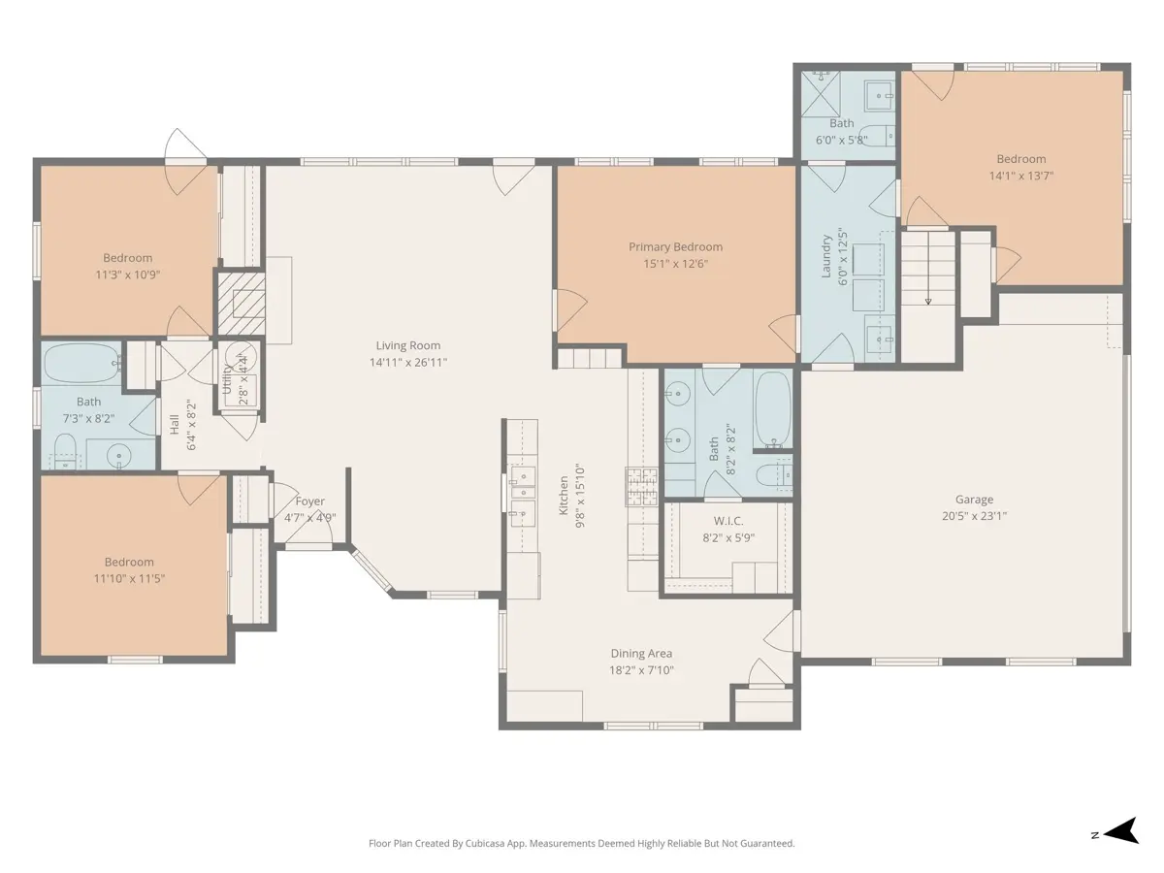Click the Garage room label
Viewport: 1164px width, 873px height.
[x=974, y=500]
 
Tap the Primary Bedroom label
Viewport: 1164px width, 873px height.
[x=675, y=247]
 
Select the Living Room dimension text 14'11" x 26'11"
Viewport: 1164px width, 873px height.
[x=407, y=363]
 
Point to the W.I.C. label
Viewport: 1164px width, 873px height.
[x=728, y=521]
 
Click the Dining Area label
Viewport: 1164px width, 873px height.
[x=641, y=654]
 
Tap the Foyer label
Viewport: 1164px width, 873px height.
[x=309, y=501]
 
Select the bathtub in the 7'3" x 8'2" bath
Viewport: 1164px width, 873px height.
[x=82, y=363]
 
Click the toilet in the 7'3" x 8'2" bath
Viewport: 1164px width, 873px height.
[x=65, y=451]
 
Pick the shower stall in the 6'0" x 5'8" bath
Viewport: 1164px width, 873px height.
[x=821, y=94]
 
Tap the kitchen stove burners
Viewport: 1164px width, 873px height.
[x=642, y=487]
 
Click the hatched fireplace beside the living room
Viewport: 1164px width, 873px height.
[x=242, y=304]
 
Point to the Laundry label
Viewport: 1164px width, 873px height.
[x=825, y=257]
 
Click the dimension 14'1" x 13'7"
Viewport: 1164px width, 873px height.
[x=1021, y=176]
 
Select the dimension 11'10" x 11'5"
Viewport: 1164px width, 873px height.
[x=129, y=578]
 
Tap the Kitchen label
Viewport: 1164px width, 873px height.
[x=564, y=496]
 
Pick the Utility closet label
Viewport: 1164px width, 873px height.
[x=227, y=378]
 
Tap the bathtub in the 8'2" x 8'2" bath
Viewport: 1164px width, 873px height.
[x=773, y=409]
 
